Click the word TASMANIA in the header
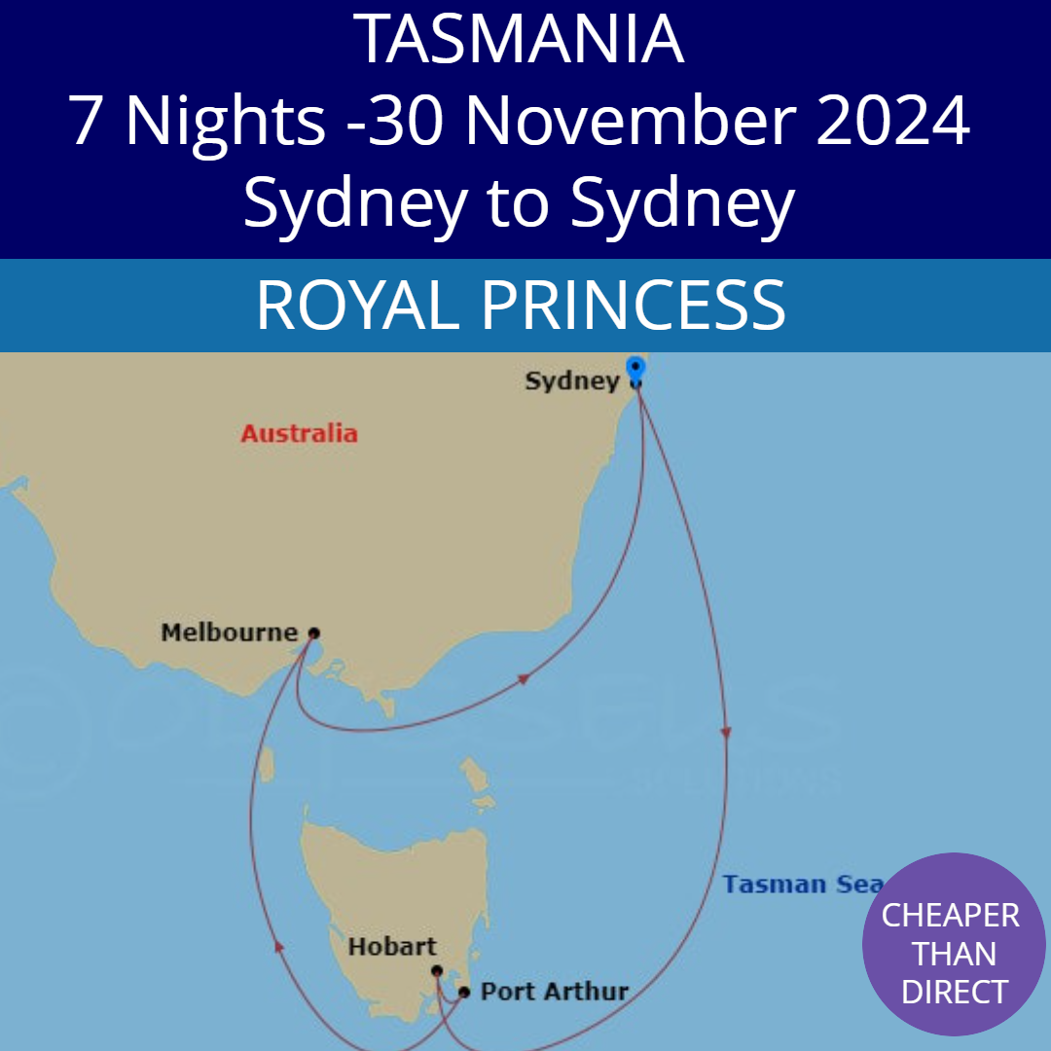click(x=520, y=39)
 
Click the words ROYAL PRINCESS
click(x=521, y=306)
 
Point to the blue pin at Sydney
click(x=635, y=369)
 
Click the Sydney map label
click(x=571, y=381)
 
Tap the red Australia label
click(x=299, y=433)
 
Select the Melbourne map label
click(x=229, y=633)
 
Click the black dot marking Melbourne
click(x=313, y=633)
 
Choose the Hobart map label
click(x=392, y=946)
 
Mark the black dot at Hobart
click(x=437, y=970)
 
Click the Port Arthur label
click(x=555, y=993)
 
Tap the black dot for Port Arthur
click(x=464, y=993)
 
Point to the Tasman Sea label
click(x=802, y=885)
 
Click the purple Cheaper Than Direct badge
click(x=954, y=944)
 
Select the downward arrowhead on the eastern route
click(x=725, y=732)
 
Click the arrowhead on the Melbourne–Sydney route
click(x=523, y=678)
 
